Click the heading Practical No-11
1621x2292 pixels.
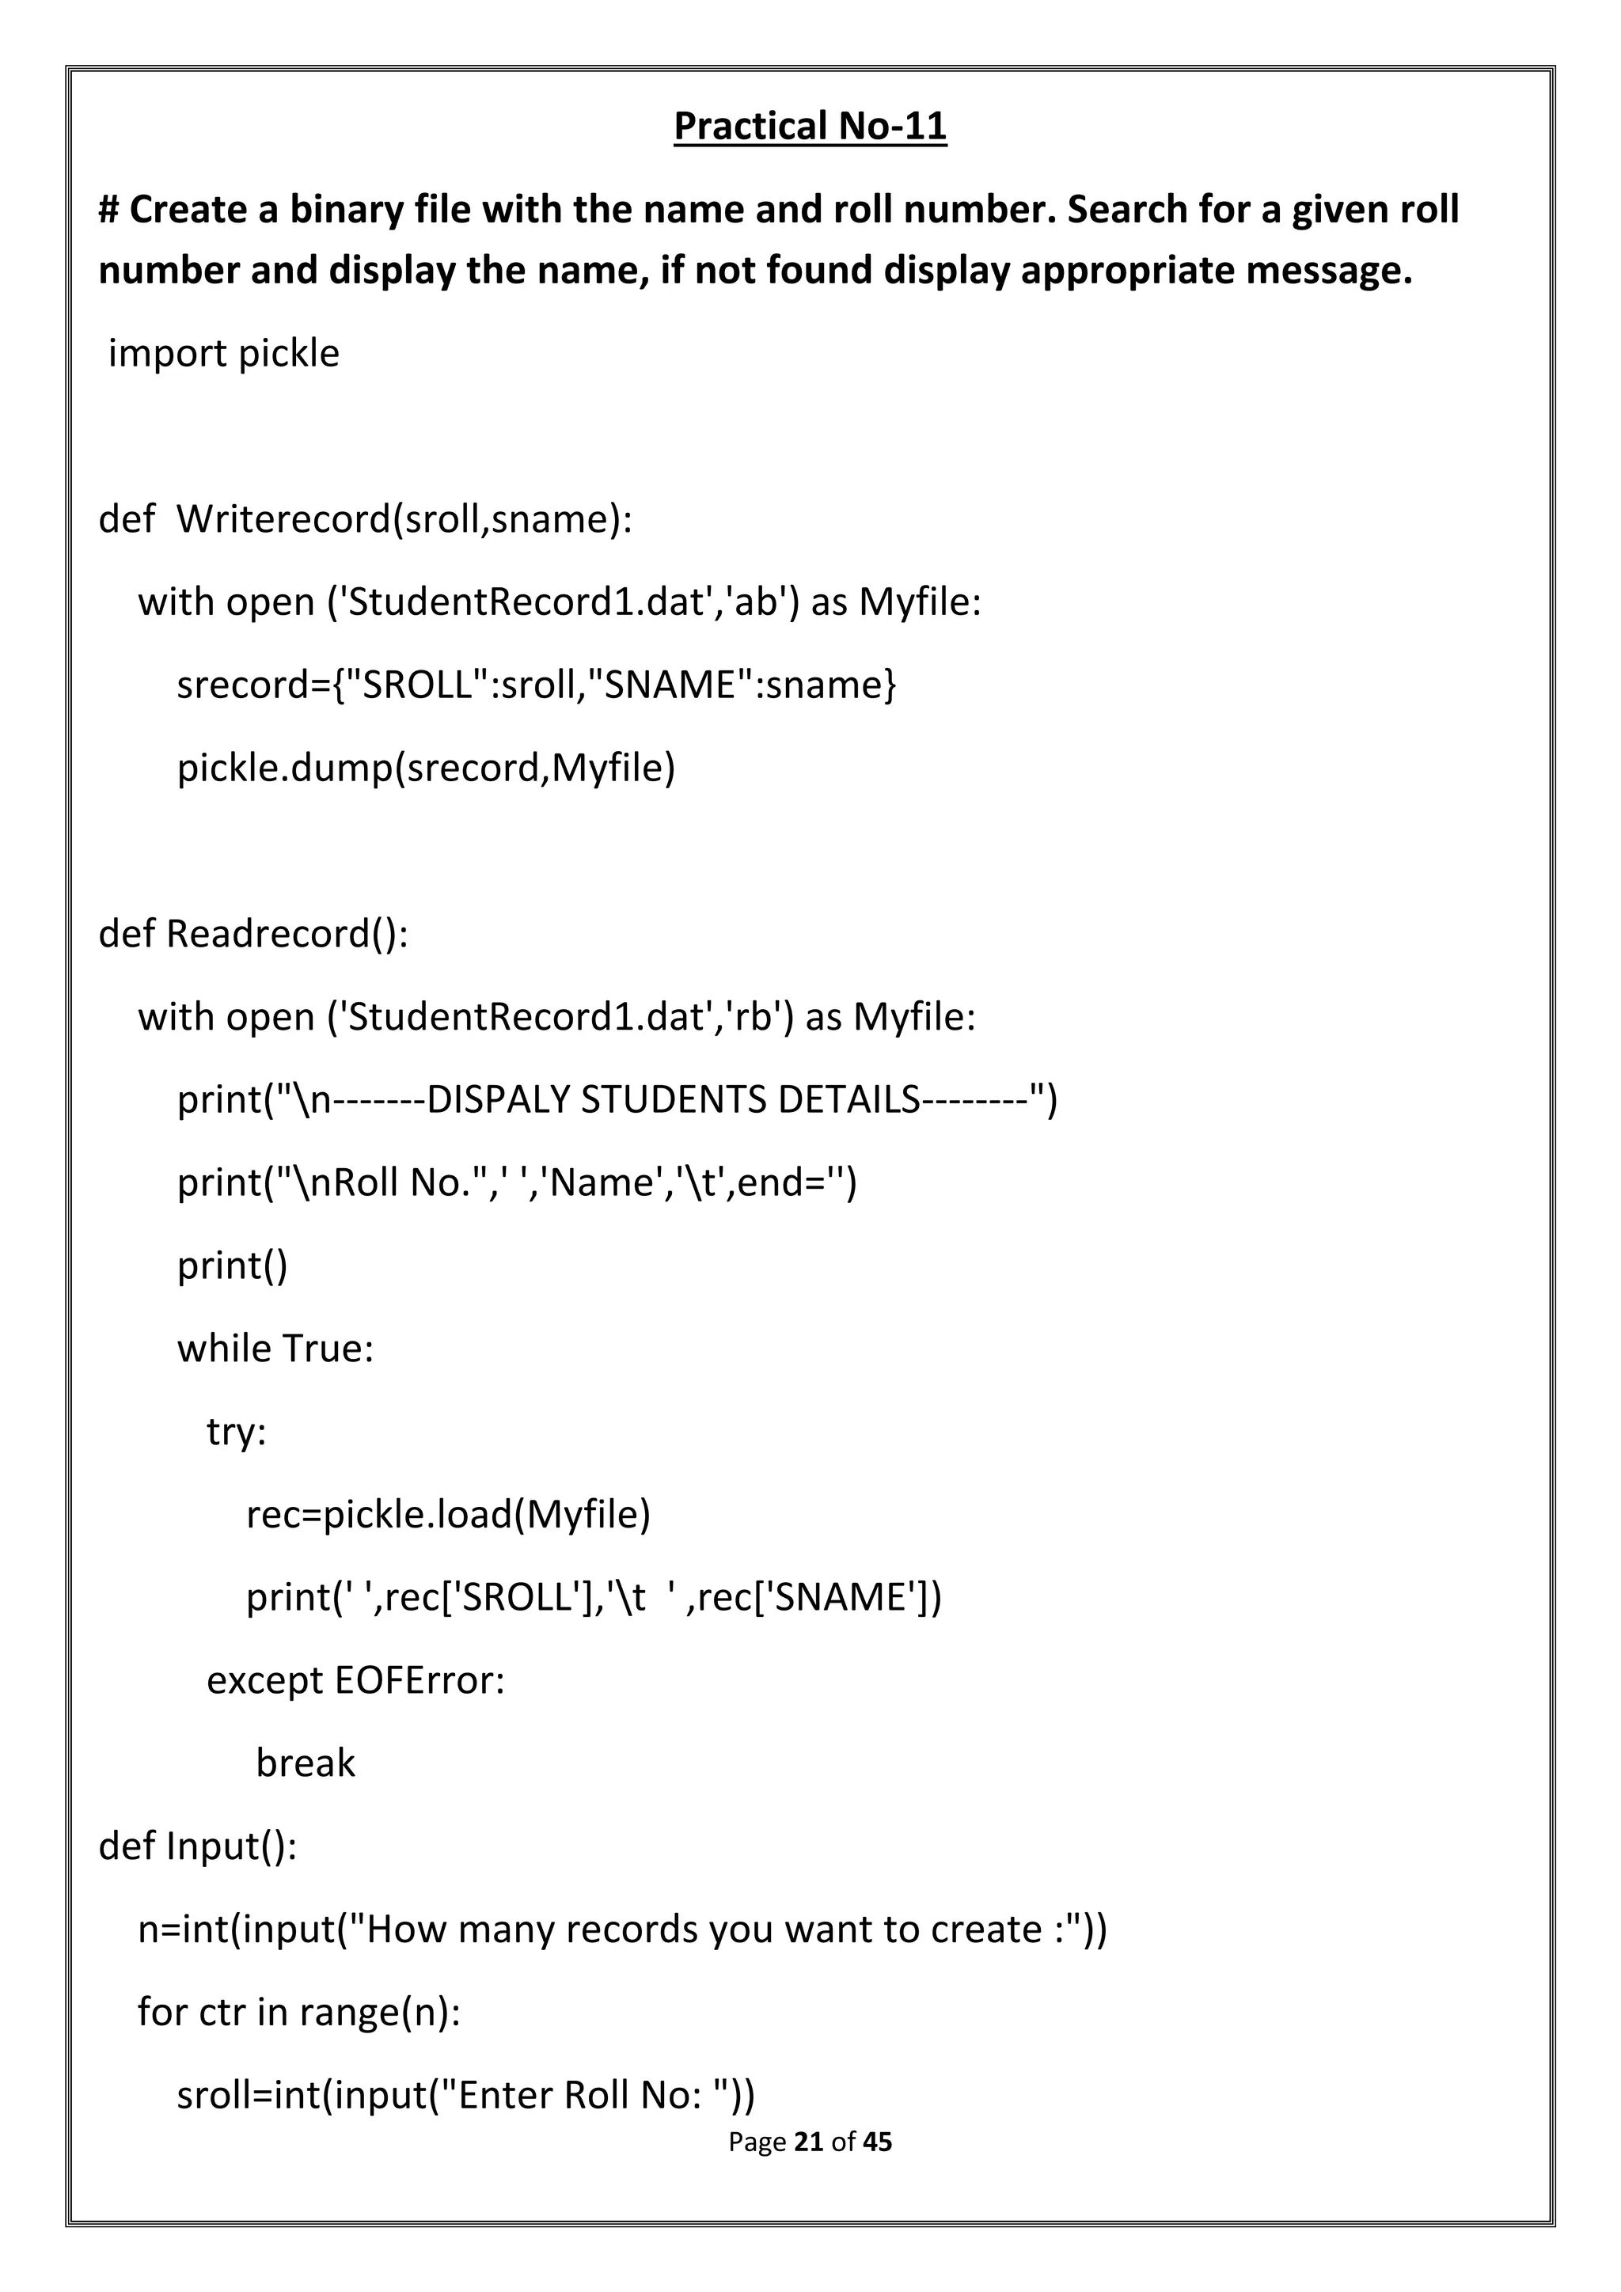(810, 127)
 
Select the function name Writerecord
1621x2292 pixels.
(283, 519)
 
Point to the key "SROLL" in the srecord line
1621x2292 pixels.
(418, 685)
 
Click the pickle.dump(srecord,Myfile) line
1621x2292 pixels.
(426, 768)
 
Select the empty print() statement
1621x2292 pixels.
(233, 1265)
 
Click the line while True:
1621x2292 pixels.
(275, 1348)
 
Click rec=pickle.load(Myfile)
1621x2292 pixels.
(448, 1514)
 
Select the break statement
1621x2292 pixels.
(306, 1763)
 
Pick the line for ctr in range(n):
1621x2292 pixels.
(298, 2012)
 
